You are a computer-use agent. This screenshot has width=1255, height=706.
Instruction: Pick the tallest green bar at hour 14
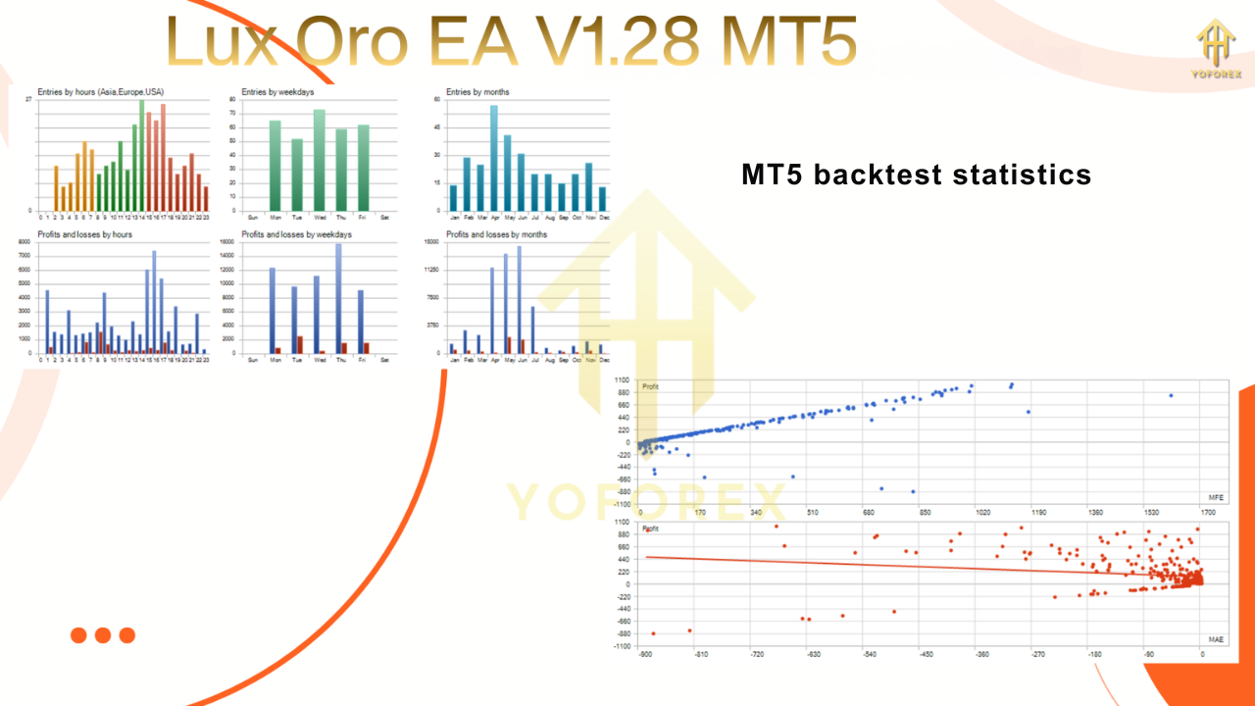[141, 156]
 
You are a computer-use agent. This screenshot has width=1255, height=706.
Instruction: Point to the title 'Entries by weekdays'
[277, 92]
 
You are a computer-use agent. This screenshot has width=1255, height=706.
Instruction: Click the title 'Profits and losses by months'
[496, 235]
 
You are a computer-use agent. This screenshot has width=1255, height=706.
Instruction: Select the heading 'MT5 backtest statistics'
[916, 175]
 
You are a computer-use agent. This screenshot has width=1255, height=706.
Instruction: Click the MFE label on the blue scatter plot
[1216, 498]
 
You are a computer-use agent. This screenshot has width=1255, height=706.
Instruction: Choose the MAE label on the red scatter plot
[1216, 639]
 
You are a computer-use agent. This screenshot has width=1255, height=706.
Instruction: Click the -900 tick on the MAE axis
[645, 654]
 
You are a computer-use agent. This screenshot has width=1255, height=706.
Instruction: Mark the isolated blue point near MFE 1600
[1171, 395]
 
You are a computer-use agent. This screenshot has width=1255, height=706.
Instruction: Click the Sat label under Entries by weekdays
[384, 217]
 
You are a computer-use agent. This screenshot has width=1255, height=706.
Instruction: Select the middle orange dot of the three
[103, 635]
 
